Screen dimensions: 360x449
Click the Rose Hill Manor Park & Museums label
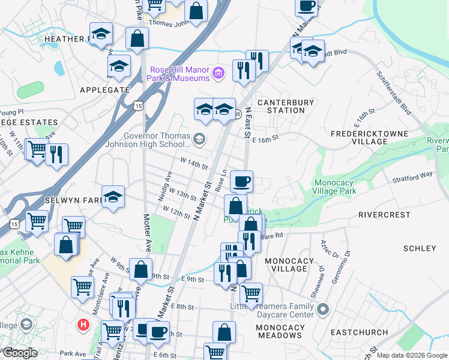[x=180, y=74]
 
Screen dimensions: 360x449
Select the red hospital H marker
[x=84, y=325]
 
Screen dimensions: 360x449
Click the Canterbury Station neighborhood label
[x=286, y=106]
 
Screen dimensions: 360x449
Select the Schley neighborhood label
[x=420, y=248]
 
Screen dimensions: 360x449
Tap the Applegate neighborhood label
[x=104, y=89]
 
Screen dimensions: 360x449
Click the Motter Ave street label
[x=147, y=232]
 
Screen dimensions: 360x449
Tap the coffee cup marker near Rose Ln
[x=241, y=180]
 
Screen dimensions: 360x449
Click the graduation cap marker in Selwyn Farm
[x=112, y=197]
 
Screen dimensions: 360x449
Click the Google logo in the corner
[x=20, y=353]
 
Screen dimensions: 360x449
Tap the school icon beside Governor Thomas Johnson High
[x=199, y=140]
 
